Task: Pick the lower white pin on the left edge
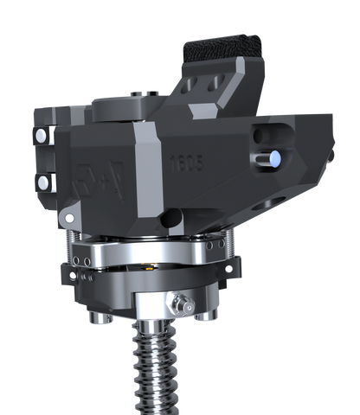[x=40, y=181]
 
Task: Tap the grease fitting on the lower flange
[x=182, y=303]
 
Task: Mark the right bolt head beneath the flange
[x=204, y=316]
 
